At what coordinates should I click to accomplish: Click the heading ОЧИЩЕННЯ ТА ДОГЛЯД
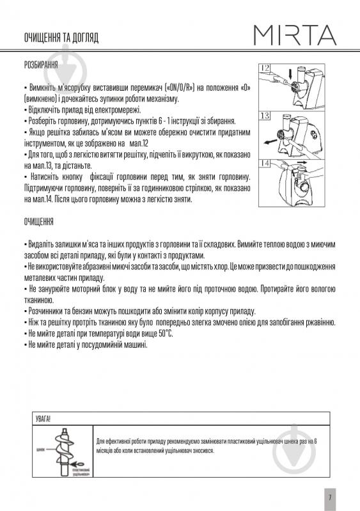61,38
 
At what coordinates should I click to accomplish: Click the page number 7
328,497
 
